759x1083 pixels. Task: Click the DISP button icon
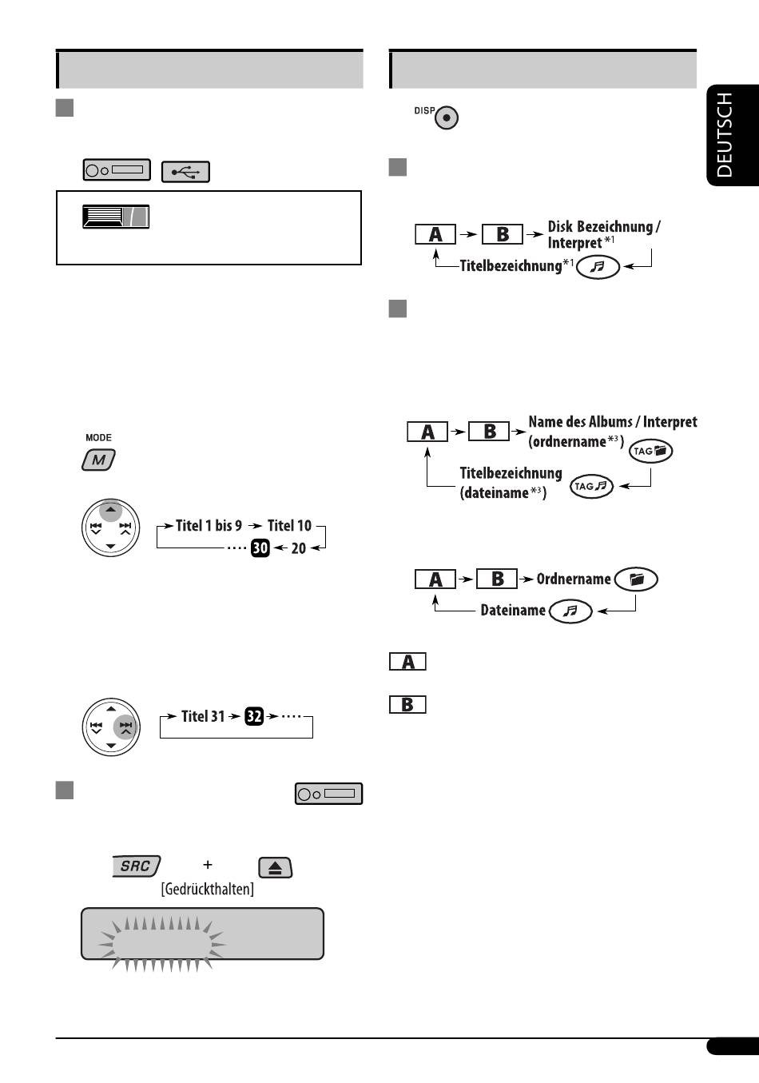point(447,117)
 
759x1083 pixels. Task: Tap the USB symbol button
point(185,172)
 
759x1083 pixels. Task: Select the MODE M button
point(98,460)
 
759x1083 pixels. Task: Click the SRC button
point(136,866)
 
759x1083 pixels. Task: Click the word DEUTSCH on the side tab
point(724,135)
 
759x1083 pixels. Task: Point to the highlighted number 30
point(260,547)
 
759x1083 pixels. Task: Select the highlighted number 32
point(254,716)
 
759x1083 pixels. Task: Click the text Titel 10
point(289,526)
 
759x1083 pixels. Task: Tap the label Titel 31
point(203,716)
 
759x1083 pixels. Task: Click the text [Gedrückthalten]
point(208,889)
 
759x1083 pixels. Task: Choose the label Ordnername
point(574,579)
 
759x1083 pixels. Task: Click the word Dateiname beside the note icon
point(513,610)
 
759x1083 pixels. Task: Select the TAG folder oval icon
point(650,451)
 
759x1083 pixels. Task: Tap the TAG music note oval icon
point(592,487)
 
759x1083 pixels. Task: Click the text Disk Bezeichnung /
point(604,226)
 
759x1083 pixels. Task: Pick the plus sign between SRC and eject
point(208,865)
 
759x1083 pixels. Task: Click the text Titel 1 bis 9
point(209,526)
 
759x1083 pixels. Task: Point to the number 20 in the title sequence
point(298,548)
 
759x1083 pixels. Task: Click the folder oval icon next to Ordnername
point(636,579)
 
